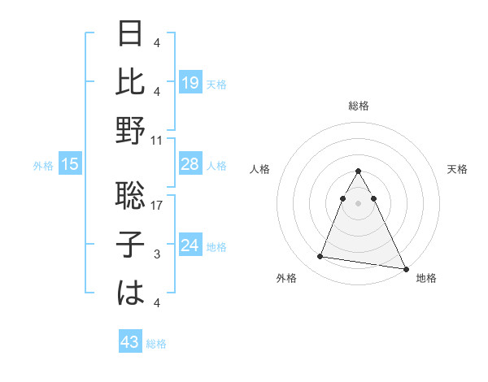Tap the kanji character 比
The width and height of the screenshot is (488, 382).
pos(131,81)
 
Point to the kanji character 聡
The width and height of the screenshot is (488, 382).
pos(131,194)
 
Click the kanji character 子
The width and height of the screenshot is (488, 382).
pos(131,243)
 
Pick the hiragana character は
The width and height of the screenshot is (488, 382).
pos(131,291)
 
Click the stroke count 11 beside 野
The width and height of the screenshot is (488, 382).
pos(157,140)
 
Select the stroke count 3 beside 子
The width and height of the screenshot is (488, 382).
pos(157,254)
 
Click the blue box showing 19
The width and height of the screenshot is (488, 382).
pos(190,82)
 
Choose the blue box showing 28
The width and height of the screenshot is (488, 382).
pos(190,164)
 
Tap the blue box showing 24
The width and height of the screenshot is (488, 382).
pos(190,245)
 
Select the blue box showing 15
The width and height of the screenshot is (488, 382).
pos(70,165)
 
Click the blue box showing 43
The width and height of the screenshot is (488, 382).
pos(130,342)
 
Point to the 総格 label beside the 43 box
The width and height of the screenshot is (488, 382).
pos(157,344)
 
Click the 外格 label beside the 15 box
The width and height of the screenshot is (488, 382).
pos(43,166)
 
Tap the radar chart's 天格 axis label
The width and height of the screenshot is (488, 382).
pos(457,169)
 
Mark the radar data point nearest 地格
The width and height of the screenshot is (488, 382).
pos(406,269)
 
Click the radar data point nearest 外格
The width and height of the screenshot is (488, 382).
pos(320,257)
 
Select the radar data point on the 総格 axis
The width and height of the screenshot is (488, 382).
pos(358,171)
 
